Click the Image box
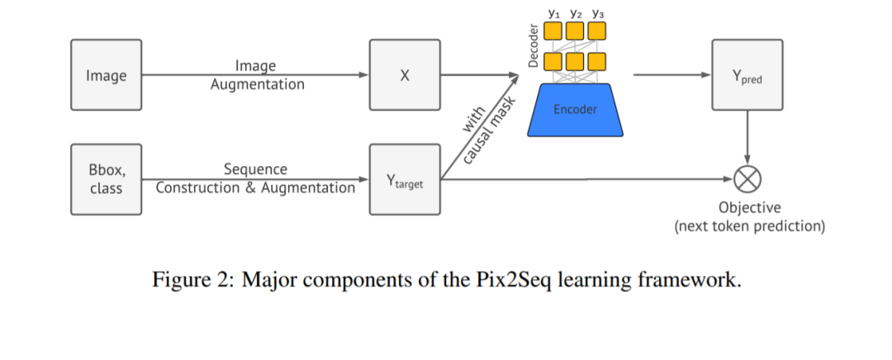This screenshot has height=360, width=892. [x=106, y=75]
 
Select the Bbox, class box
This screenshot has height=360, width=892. [x=106, y=179]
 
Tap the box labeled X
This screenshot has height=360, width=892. [x=405, y=75]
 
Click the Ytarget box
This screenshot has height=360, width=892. [x=405, y=179]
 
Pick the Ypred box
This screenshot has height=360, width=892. [x=747, y=75]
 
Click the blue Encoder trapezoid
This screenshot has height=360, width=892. [x=575, y=109]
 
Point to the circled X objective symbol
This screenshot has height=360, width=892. [x=747, y=178]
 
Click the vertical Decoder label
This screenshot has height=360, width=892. [x=534, y=45]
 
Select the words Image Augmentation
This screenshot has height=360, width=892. [x=256, y=75]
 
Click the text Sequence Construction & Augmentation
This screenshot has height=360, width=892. [x=256, y=178]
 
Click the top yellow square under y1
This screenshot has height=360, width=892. [x=553, y=31]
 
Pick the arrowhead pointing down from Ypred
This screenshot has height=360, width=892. [x=747, y=161]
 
